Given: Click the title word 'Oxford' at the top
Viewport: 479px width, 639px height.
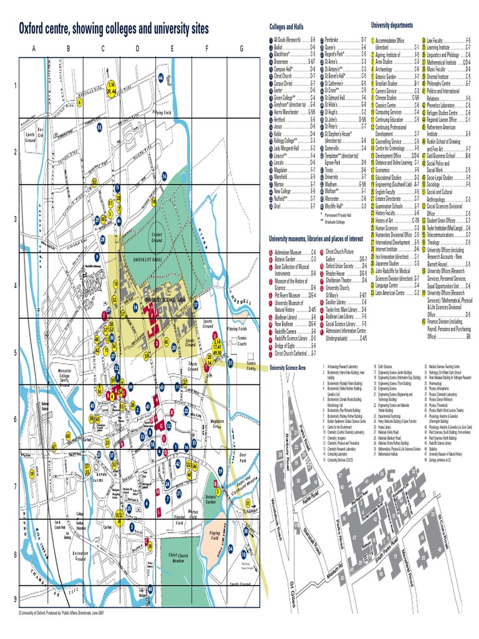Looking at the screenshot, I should (37, 29).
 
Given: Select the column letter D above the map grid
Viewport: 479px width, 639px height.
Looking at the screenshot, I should (137, 49).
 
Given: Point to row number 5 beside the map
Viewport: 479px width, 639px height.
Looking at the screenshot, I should (14, 353).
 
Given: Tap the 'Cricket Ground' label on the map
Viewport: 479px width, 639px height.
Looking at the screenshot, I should (157, 238).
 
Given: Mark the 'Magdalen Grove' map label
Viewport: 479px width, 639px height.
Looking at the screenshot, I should (216, 424).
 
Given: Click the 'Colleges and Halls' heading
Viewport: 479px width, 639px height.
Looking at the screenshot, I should (286, 27).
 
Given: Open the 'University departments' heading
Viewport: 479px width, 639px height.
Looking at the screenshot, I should (392, 25).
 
